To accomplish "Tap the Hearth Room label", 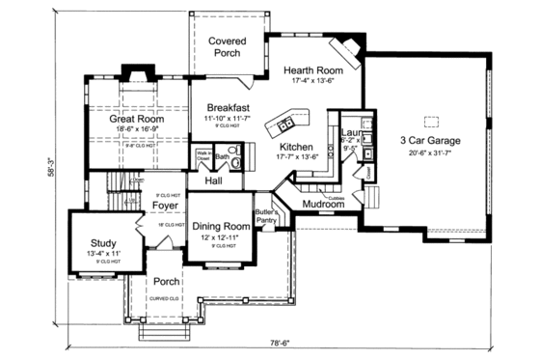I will point(312,70).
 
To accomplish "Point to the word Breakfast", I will point(228,107).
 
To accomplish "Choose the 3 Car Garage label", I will point(430,141).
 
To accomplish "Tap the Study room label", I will point(104,243).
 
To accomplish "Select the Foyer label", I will point(165,205).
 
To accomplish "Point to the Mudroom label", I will point(324,205).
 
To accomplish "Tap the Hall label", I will point(214,180).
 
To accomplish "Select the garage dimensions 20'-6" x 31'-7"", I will point(430,152).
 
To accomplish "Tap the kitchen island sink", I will point(285,124).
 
